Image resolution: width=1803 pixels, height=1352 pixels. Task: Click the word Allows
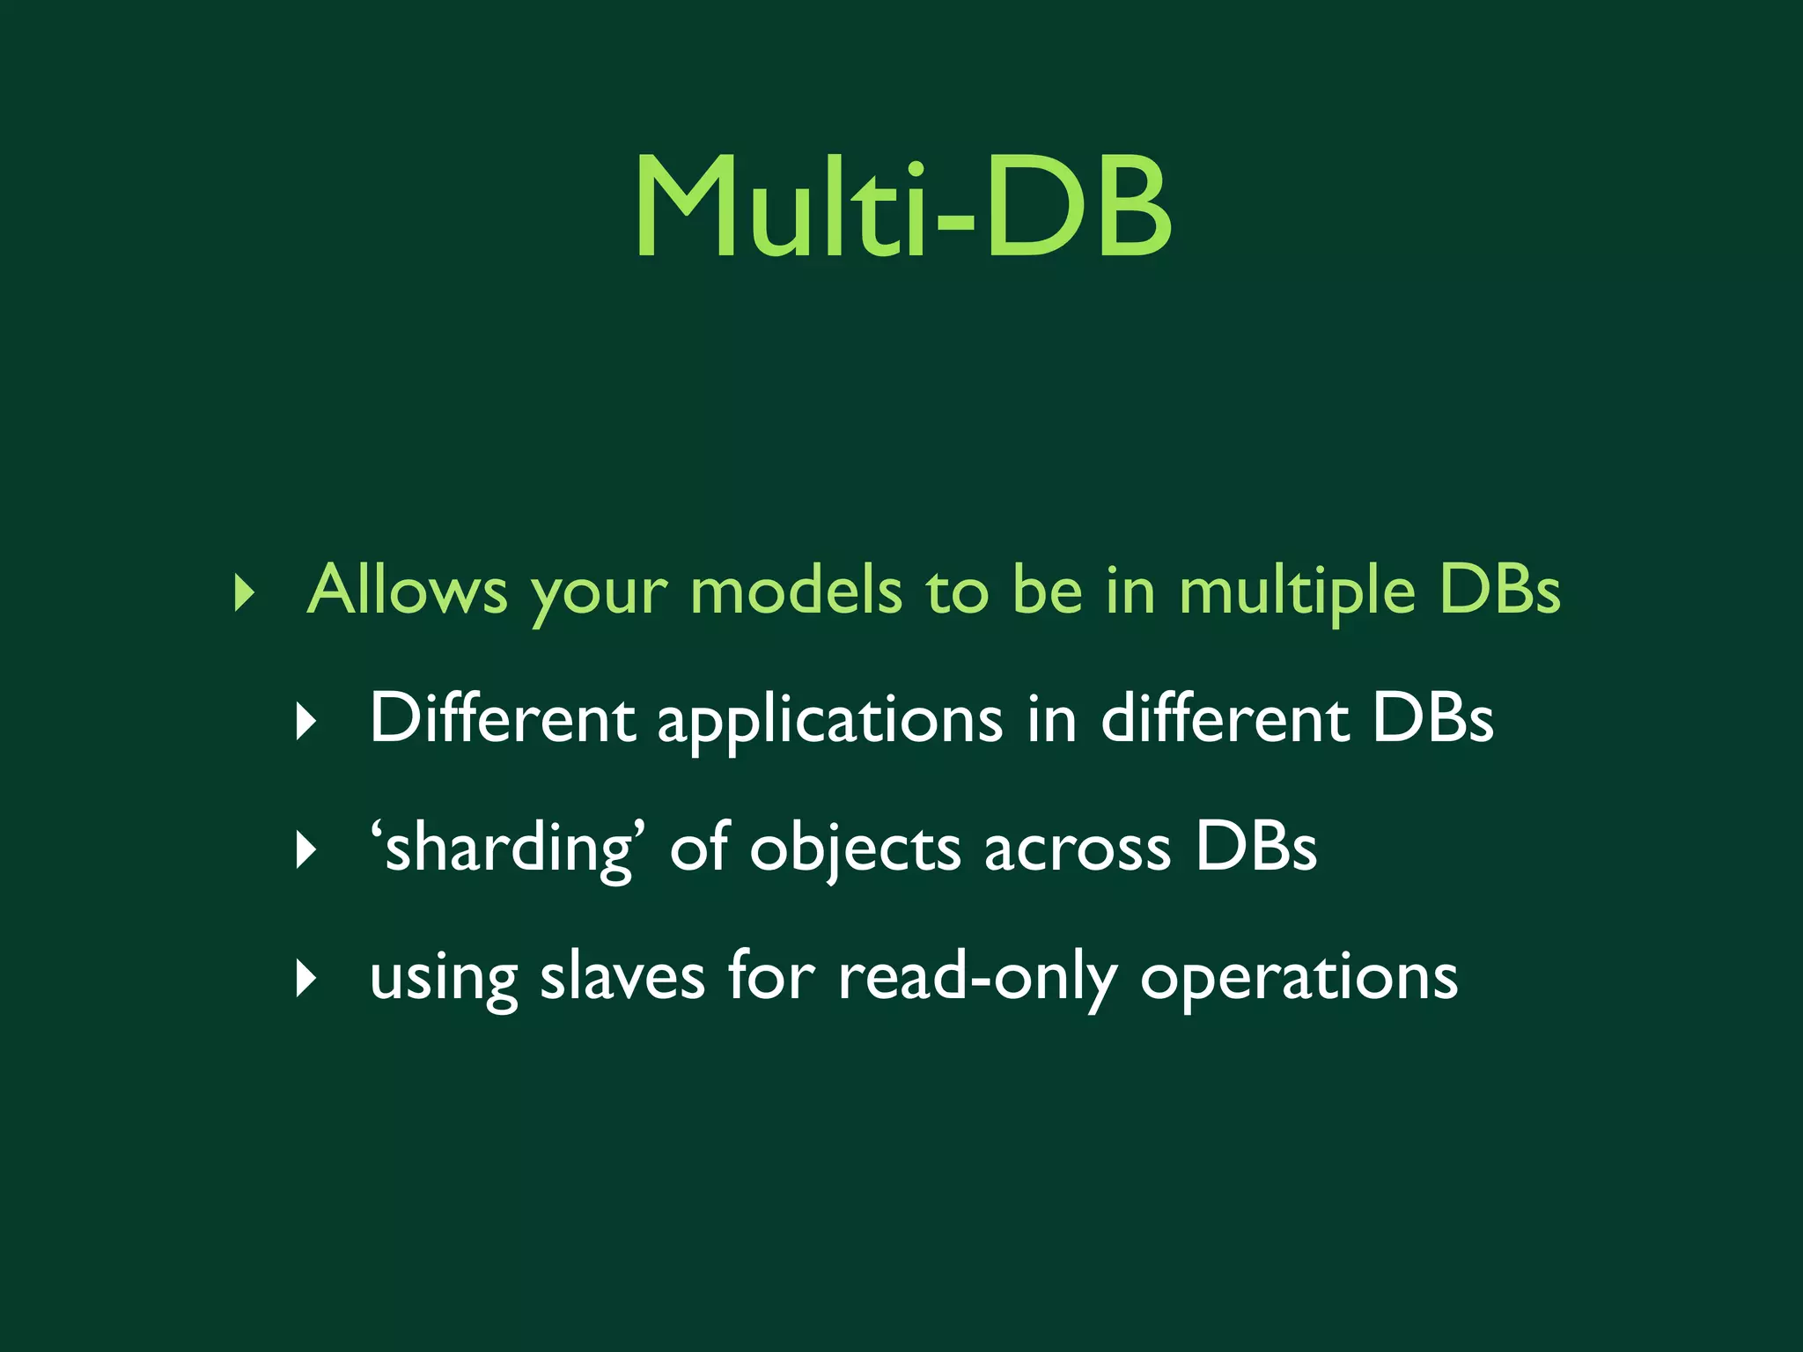(407, 590)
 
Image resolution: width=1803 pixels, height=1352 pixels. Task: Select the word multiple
(1297, 591)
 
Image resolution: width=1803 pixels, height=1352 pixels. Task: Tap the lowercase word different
(1225, 718)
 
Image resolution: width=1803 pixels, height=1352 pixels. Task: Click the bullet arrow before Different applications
(306, 722)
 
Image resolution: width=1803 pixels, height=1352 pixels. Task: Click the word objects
(855, 850)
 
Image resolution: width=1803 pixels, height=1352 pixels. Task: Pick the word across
(1078, 850)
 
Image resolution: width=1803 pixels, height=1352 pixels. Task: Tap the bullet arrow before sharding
(306, 850)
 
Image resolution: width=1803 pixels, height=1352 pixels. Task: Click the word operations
(1299, 979)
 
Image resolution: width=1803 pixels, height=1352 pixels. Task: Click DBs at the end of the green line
(1499, 590)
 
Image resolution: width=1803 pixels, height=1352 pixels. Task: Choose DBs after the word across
(1255, 849)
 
